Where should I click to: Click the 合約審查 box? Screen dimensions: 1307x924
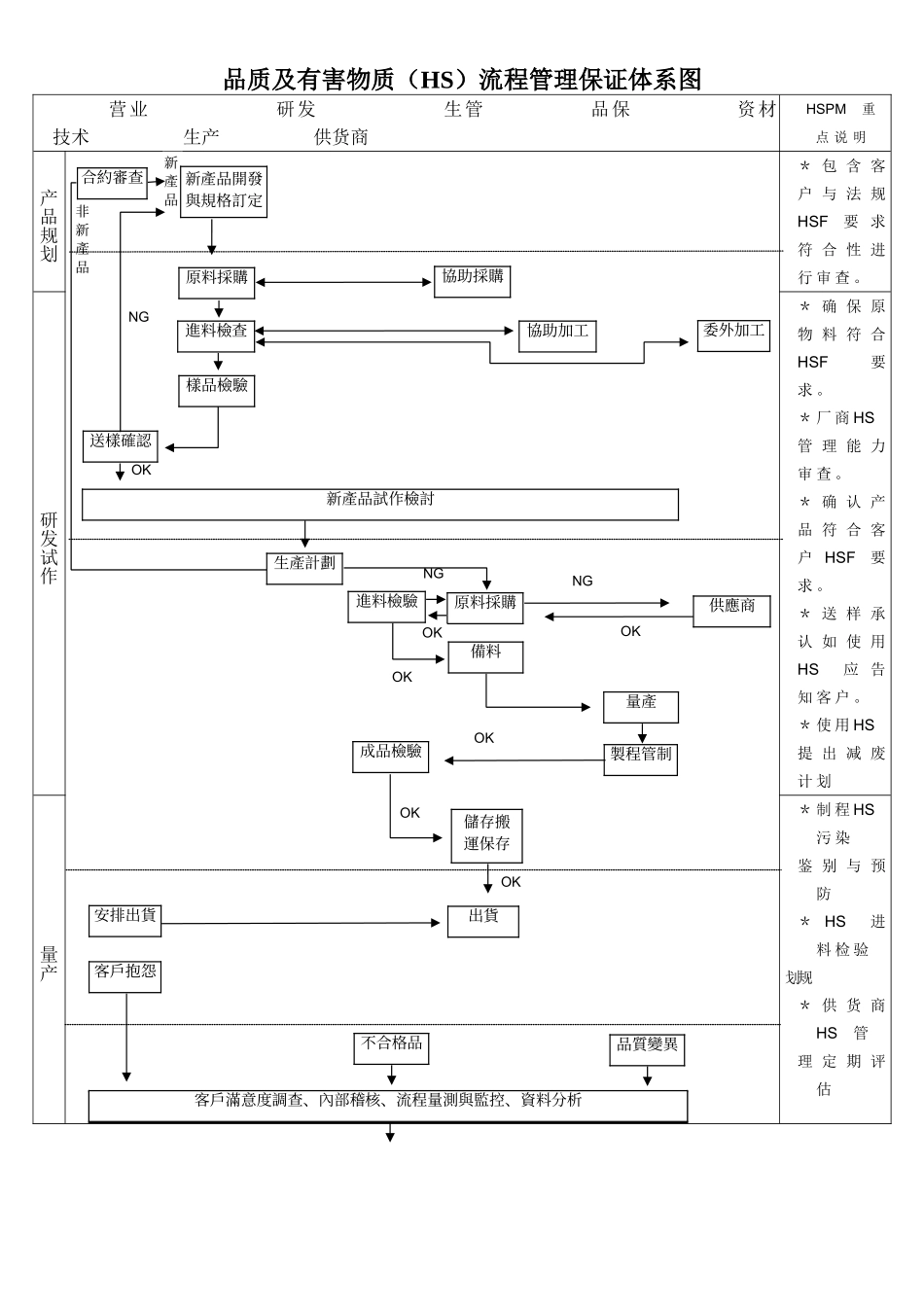coord(113,182)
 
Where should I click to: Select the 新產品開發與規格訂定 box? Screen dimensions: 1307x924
coord(224,192)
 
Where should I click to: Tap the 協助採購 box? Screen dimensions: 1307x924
coord(473,281)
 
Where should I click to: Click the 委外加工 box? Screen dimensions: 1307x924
coord(733,336)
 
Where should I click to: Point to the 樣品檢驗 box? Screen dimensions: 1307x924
coord(217,391)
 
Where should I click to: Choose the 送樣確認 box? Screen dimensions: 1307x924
coord(121,445)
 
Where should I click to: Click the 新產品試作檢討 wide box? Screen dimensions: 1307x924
coord(380,504)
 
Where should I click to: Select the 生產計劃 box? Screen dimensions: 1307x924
coord(304,568)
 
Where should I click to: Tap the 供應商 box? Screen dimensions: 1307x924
coord(732,611)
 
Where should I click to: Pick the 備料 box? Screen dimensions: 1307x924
coord(485,656)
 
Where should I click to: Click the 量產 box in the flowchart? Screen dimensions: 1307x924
coord(641,707)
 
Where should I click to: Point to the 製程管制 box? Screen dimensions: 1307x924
coord(641,759)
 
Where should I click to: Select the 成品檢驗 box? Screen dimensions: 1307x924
coord(391,757)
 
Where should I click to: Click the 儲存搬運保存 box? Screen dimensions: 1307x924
coord(487,835)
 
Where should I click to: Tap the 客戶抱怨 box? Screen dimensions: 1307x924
coord(125,976)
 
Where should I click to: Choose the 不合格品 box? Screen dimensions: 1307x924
coord(392,1048)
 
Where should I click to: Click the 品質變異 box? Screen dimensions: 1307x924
coord(648,1049)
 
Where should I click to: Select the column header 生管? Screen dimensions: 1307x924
coord(463,110)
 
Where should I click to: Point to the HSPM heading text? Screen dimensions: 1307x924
coord(826,110)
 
